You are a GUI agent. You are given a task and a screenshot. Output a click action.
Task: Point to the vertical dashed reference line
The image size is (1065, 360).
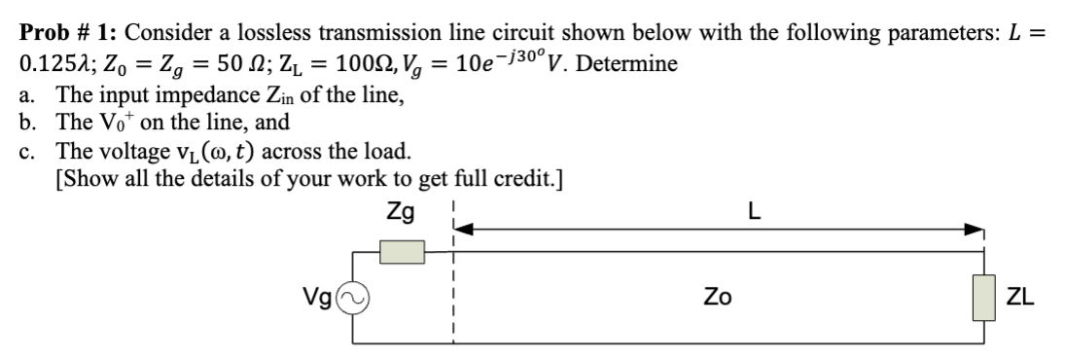453,292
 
